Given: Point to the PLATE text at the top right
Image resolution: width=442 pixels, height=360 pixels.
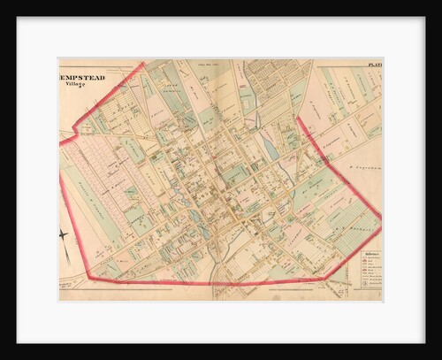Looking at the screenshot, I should pyautogui.click(x=373, y=65).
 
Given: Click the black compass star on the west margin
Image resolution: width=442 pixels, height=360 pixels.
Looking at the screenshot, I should pyautogui.click(x=64, y=234).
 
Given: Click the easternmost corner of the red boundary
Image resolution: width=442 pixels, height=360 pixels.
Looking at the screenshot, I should pyautogui.click(x=380, y=217).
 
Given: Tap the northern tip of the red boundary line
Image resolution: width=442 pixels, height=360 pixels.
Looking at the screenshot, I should pyautogui.click(x=143, y=63).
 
